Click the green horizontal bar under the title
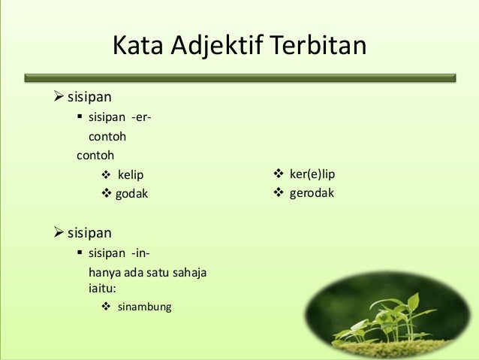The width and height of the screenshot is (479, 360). pos(239,77)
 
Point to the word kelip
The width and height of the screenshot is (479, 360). pos(129,175)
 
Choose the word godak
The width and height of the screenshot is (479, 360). pos(131,193)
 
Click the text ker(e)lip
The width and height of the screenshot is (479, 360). pos(312,174)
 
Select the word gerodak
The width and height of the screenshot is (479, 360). pos(312,193)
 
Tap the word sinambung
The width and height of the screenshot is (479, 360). pos(144,307)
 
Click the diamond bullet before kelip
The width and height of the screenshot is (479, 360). pos(106,175)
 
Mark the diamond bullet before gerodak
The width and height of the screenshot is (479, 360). pos(277,193)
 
